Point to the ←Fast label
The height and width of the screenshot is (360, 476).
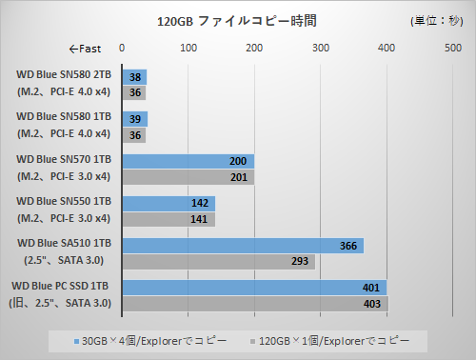coord(85,49)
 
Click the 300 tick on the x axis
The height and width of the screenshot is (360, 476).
coord(321,49)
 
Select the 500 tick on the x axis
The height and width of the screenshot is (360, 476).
coord(453,49)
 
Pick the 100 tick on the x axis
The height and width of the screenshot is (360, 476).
coord(188,49)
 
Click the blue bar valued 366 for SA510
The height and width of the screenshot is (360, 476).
coord(243,246)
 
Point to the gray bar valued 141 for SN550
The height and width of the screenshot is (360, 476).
coord(169,219)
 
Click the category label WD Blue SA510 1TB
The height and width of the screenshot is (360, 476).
coord(64,246)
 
